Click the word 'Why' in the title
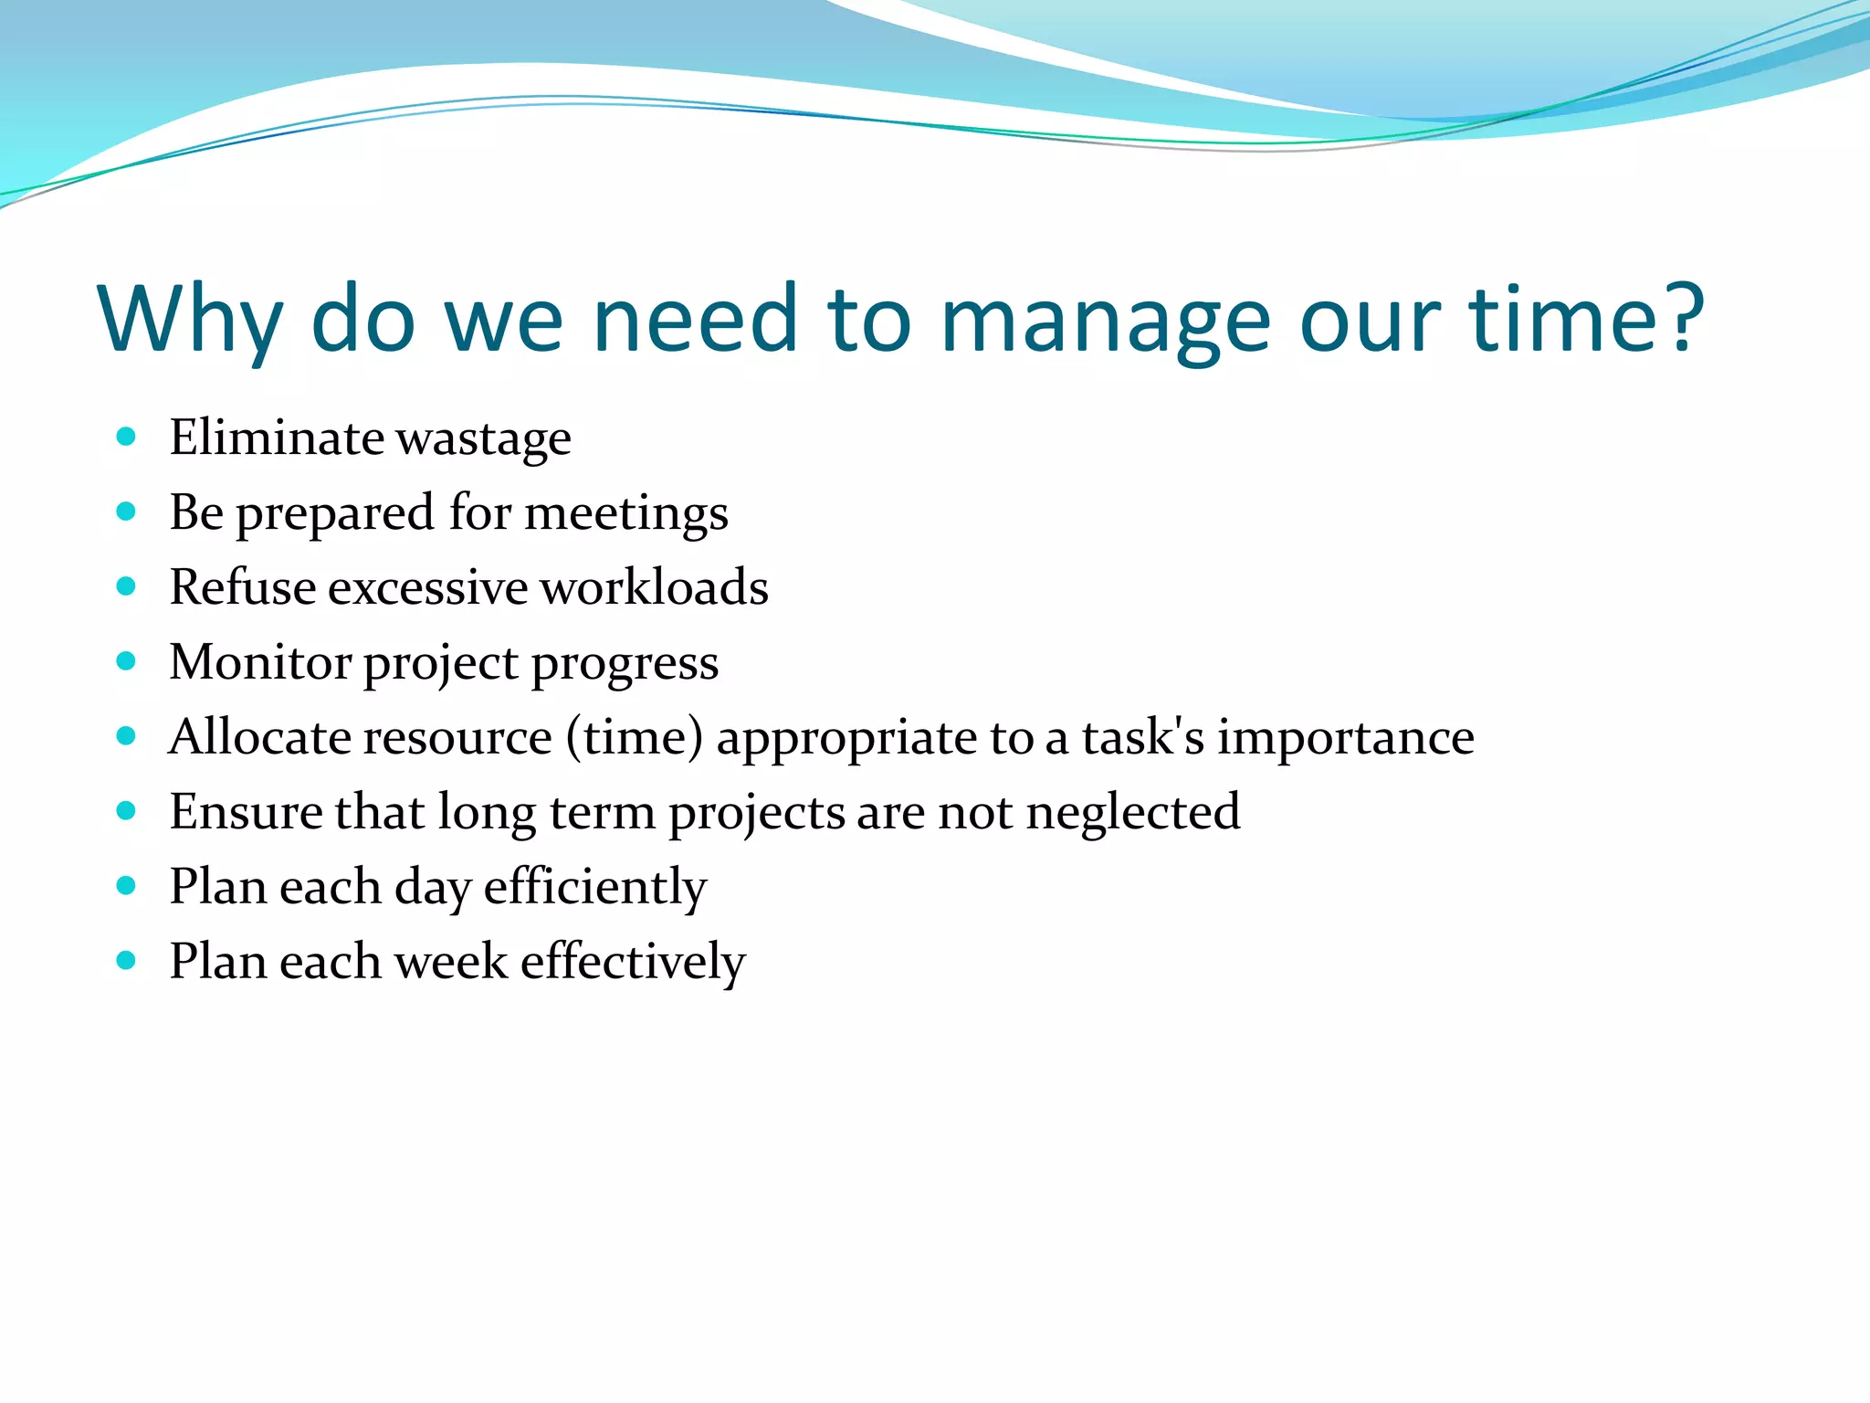189,320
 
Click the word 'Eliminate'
276,438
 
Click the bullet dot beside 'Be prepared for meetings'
127,512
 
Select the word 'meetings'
626,513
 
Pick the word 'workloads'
654,587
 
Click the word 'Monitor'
259,662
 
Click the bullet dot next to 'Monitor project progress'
127,661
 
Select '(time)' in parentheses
635,737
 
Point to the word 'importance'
1345,738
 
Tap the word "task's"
1143,737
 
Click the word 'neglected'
1132,813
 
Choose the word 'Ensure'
245,812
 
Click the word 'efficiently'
594,888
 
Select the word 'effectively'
632,963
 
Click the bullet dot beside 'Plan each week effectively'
127,961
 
